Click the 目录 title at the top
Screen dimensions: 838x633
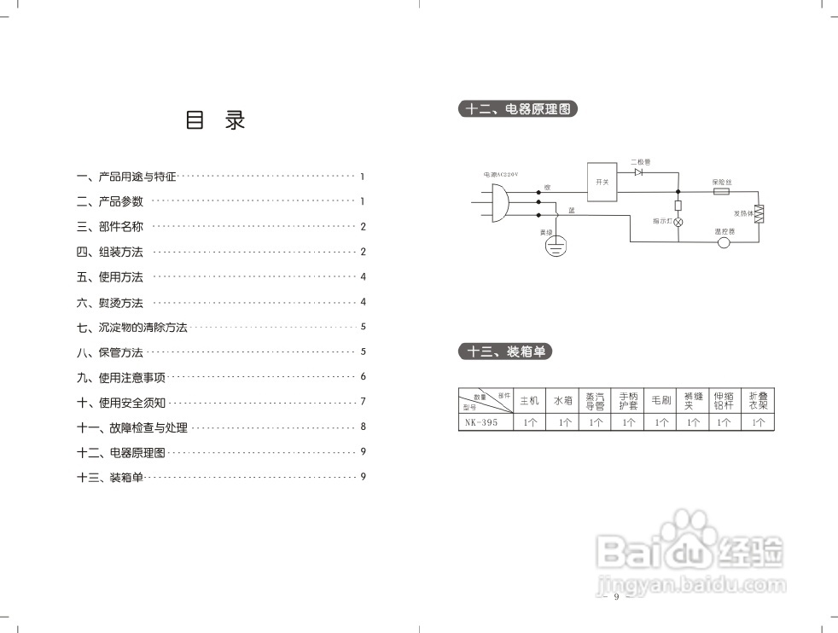[x=215, y=121]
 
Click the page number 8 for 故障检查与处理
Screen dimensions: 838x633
[x=363, y=427]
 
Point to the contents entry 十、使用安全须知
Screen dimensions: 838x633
[x=120, y=403]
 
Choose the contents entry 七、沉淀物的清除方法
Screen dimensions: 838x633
[x=131, y=328]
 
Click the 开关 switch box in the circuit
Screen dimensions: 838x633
[x=602, y=181]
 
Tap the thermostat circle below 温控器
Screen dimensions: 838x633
[x=725, y=242]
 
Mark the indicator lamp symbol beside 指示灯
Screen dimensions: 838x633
[x=678, y=221]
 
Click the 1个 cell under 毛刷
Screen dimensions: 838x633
[x=661, y=422]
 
